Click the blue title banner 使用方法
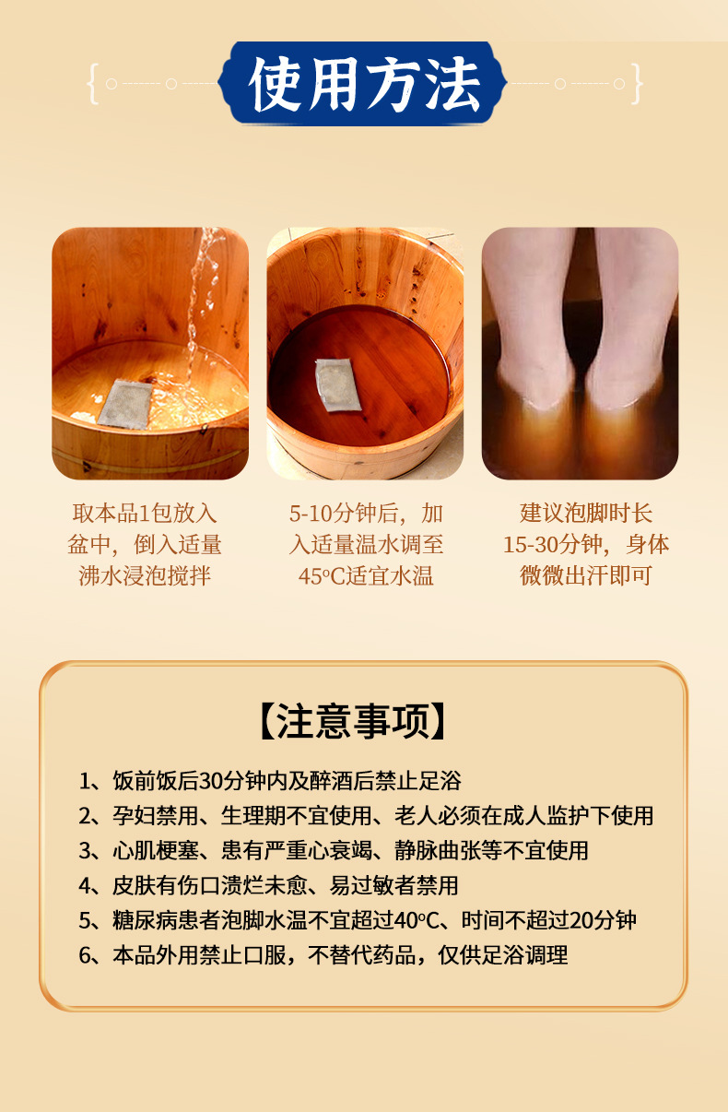pyautogui.click(x=363, y=83)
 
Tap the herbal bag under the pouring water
pyautogui.click(x=124, y=403)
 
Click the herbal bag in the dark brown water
pyautogui.click(x=337, y=384)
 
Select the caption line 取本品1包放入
pyautogui.click(x=145, y=514)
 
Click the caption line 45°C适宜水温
pyautogui.click(x=366, y=576)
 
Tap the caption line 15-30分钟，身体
pyautogui.click(x=586, y=545)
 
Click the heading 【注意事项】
pyautogui.click(x=353, y=721)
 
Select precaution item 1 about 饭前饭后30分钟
pyautogui.click(x=270, y=781)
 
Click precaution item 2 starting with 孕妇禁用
pyautogui.click(x=366, y=816)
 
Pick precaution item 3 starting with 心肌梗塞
pyautogui.click(x=334, y=850)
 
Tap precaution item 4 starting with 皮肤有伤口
pyautogui.click(x=268, y=885)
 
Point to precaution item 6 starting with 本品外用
pyautogui.click(x=323, y=954)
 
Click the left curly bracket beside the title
pyautogui.click(x=93, y=83)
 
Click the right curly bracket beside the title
pyautogui.click(x=637, y=83)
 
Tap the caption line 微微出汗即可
pyautogui.click(x=586, y=576)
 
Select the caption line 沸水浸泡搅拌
pyautogui.click(x=145, y=576)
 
